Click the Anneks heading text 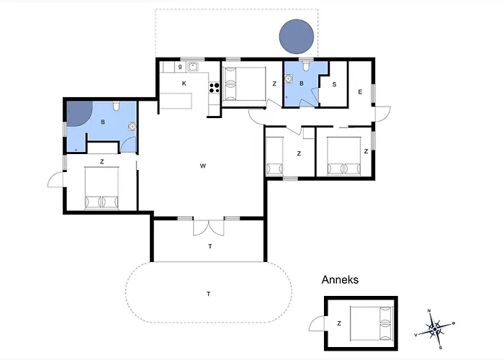click(340, 279)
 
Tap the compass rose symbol click(435, 329)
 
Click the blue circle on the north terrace click(297, 36)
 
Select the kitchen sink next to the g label click(193, 67)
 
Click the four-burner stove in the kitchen click(215, 88)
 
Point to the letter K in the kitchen click(184, 84)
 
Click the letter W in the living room click(203, 166)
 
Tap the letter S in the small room click(334, 84)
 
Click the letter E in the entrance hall click(360, 92)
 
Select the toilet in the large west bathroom click(117, 106)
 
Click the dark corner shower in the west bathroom click(79, 113)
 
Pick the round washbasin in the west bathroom click(132, 126)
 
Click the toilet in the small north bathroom click(306, 66)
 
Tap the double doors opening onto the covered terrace click(209, 228)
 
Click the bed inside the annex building click(372, 323)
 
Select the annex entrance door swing click(317, 323)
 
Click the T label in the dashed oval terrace click(209, 294)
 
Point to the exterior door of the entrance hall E click(383, 114)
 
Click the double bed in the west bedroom click(102, 188)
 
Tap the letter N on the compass click(429, 311)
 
